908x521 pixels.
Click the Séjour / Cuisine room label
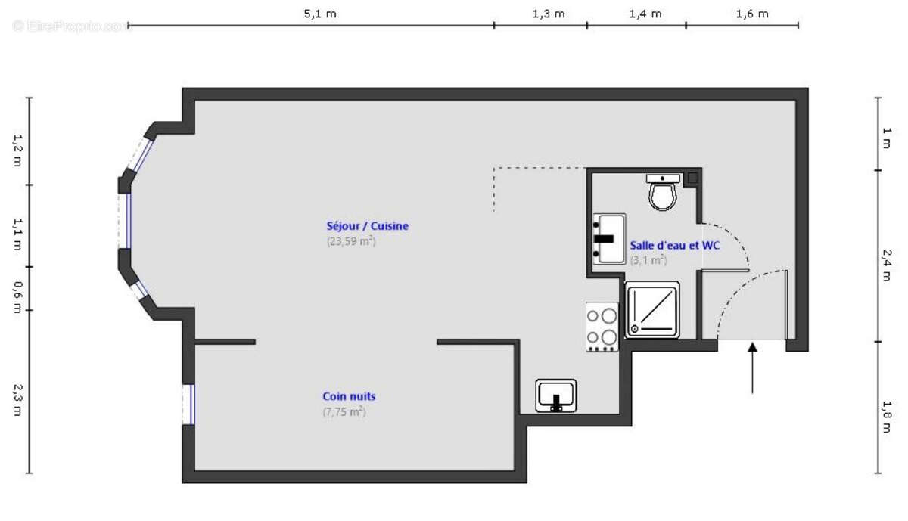[x=367, y=225]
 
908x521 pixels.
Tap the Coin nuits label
[x=349, y=396]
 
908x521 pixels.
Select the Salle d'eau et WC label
[x=675, y=245]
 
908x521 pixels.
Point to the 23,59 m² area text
[x=351, y=241]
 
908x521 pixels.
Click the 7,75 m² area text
[x=344, y=412]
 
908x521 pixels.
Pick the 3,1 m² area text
[x=648, y=260]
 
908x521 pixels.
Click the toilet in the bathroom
[x=664, y=193]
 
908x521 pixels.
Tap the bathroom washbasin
[x=609, y=238]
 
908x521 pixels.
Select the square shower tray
[x=652, y=309]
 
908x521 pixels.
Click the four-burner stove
[x=602, y=327]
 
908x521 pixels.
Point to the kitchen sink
[x=556, y=395]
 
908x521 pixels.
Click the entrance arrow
[x=752, y=367]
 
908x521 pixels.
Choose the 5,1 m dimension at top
[x=320, y=14]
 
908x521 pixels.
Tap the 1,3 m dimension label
[x=549, y=14]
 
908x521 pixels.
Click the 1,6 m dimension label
[x=751, y=14]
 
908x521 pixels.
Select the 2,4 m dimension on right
[x=886, y=269]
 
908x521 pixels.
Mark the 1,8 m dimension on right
[x=886, y=419]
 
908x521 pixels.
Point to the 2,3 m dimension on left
[x=17, y=399]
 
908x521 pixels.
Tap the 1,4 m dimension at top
[x=645, y=14]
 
